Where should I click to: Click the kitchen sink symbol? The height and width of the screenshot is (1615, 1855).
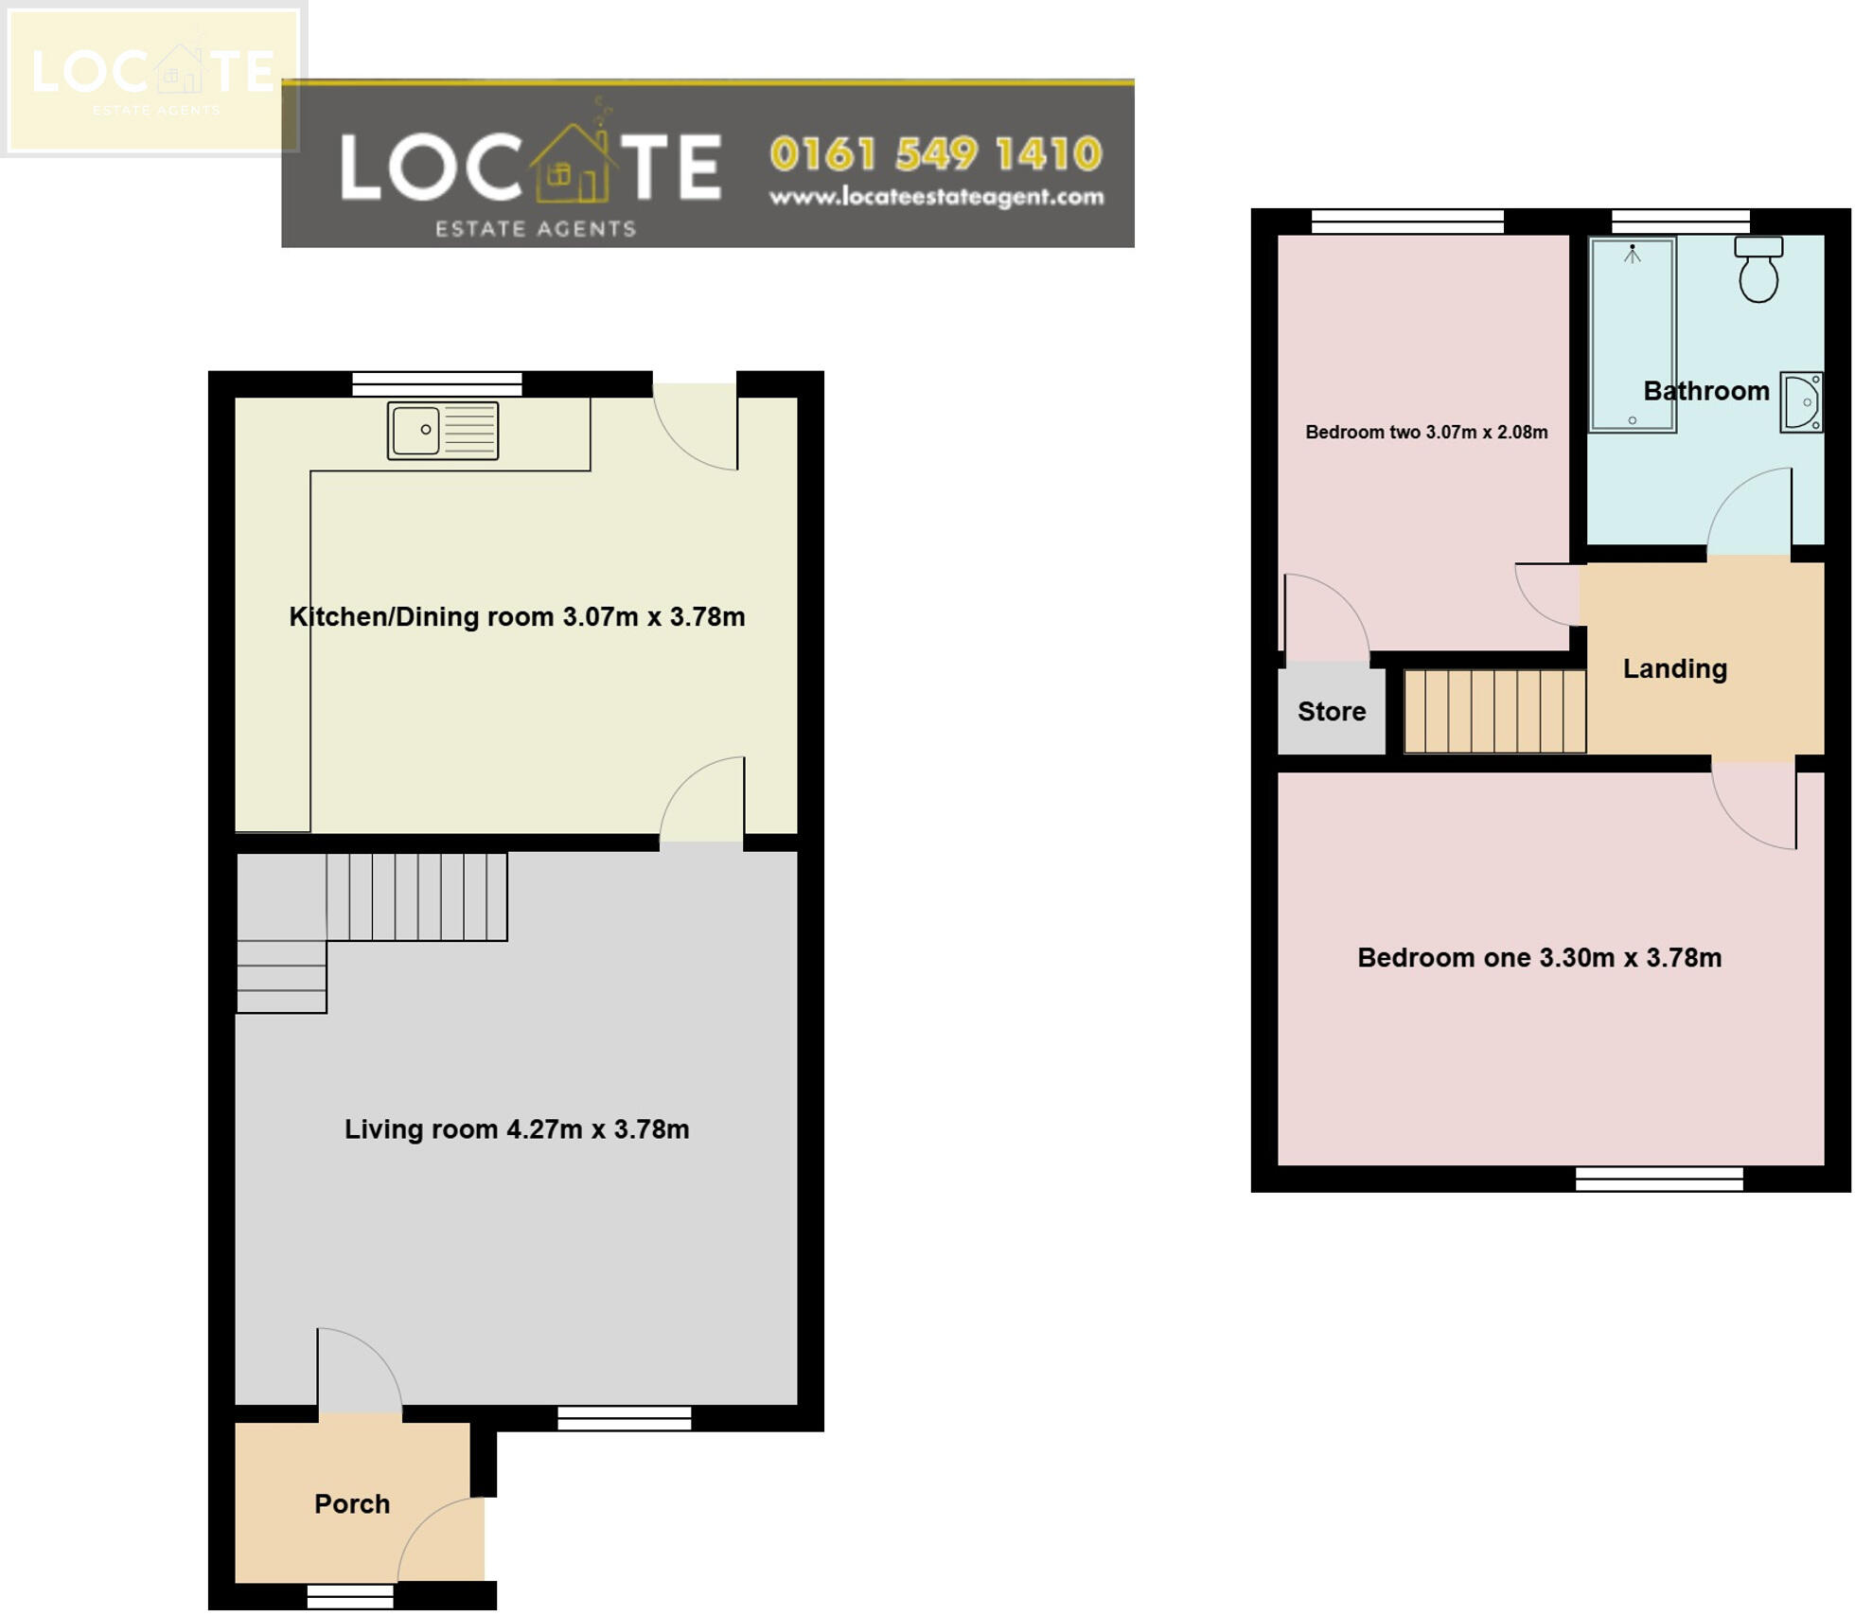442,431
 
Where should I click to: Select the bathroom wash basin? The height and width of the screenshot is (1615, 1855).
1801,402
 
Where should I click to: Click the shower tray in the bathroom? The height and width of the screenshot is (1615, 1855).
1632,334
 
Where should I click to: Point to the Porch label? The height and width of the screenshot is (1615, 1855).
352,1503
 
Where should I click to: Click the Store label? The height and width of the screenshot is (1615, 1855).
1331,711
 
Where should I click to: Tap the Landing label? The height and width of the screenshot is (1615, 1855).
1674,668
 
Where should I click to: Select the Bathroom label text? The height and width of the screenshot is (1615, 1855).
1705,391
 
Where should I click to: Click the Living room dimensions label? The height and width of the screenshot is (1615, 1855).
517,1128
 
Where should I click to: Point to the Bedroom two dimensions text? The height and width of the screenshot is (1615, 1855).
1426,433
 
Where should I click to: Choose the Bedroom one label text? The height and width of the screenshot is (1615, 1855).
1539,957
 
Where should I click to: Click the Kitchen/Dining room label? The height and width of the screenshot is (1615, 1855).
517,616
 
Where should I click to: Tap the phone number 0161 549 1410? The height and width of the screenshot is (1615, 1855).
935,154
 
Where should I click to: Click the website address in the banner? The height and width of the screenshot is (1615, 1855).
935,197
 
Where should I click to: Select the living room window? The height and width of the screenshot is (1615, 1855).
624,1417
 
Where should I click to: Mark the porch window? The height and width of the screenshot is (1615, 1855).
350,1596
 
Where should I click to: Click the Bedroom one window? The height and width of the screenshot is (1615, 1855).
1658,1178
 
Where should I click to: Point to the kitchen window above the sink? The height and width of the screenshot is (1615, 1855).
436,383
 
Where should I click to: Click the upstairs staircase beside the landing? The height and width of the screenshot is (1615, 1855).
1493,711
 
